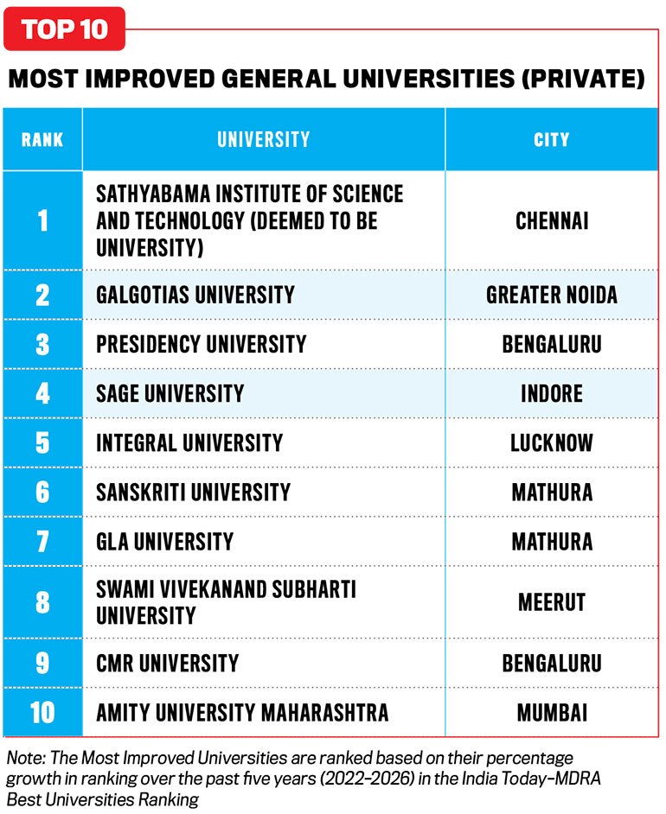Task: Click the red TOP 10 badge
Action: click(64, 29)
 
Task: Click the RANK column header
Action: click(42, 139)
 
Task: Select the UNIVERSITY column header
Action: click(264, 139)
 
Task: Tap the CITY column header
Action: click(552, 139)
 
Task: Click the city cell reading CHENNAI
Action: click(552, 220)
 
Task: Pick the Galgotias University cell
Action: click(195, 295)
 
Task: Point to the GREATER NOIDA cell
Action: click(552, 295)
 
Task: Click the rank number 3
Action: click(42, 344)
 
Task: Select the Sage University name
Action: click(170, 393)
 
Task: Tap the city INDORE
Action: click(552, 393)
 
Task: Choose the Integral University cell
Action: click(189, 442)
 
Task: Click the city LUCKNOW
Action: click(552, 442)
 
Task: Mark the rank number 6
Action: click(42, 493)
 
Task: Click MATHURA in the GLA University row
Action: click(552, 542)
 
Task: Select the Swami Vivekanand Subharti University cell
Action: click(226, 602)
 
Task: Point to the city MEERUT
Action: click(552, 602)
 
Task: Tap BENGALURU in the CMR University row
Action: click(552, 663)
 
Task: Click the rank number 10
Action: click(42, 712)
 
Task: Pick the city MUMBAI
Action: click(552, 712)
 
